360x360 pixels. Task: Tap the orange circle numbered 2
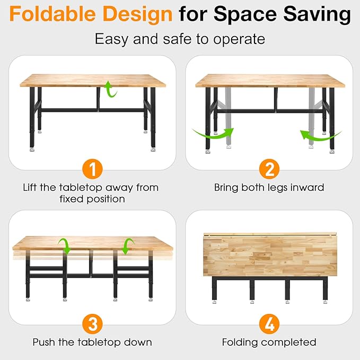pyautogui.click(x=269, y=170)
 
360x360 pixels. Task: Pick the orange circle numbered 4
pyautogui.click(x=269, y=323)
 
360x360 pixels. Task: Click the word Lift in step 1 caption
pyautogui.click(x=31, y=187)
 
